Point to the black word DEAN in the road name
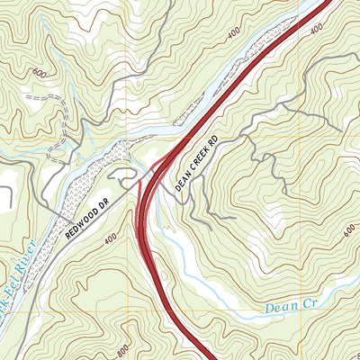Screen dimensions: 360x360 (183, 180)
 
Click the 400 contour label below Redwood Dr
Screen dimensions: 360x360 (110, 238)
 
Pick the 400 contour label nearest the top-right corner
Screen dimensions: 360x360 (316, 31)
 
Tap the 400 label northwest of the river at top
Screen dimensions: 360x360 (234, 32)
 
